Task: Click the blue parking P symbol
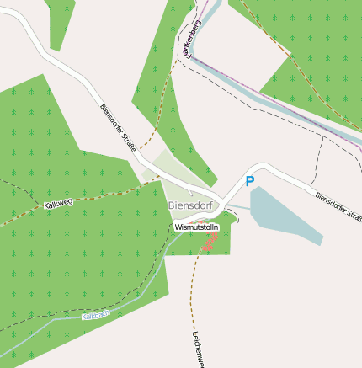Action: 249,181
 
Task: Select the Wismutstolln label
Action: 196,227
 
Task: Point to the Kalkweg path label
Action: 58,204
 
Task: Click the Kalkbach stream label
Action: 95,316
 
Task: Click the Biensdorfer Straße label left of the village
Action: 117,122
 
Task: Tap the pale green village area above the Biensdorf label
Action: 180,178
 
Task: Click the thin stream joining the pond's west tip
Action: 238,206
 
